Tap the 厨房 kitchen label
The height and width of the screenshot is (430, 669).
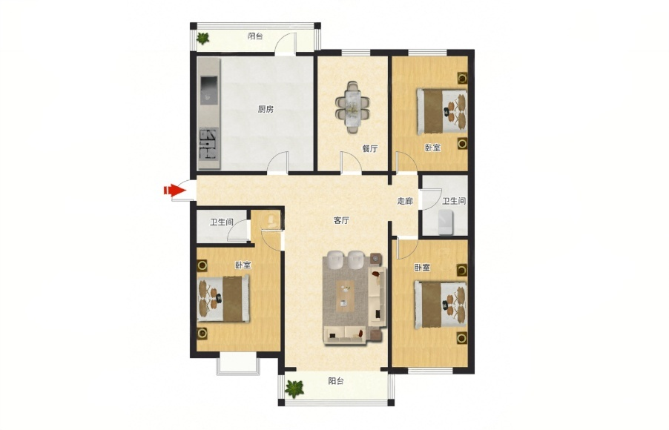pos(266,109)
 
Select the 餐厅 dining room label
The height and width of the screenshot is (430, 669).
pos(370,149)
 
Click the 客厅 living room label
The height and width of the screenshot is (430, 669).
pos(341,220)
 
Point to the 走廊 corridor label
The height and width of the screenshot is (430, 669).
pos(405,201)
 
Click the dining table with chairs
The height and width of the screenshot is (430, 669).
pos(353,107)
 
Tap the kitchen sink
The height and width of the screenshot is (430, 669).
pos(208,90)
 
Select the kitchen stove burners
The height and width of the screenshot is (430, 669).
pos(209,144)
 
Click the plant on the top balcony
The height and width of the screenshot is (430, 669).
pos(202,39)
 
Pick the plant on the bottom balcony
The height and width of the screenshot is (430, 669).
pos(294,388)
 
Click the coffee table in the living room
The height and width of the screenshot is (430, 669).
pos(345,295)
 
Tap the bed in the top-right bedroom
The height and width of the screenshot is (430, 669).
pos(442,111)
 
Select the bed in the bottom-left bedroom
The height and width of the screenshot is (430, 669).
pos(223,299)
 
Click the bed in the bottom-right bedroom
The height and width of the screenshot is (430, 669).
pos(441,305)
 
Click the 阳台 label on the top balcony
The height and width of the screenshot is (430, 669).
pos(255,36)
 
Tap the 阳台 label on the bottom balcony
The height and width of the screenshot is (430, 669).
pos(336,381)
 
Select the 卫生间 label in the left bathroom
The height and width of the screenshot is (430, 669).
pos(222,222)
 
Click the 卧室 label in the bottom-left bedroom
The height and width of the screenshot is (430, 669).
pos(243,265)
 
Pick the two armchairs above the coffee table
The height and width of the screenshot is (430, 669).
pos(346,260)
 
